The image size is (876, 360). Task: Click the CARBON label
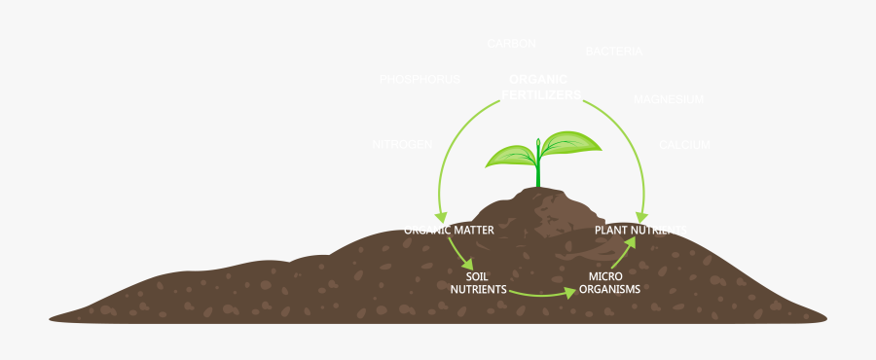[x=511, y=43]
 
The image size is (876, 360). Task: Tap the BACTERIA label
[x=613, y=51]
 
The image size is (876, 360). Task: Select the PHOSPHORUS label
[x=419, y=79]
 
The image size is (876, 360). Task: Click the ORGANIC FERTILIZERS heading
[x=540, y=87]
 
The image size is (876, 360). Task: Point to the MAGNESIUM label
[x=668, y=99]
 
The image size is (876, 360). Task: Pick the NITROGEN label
[x=402, y=144]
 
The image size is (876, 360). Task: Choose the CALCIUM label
[x=684, y=144]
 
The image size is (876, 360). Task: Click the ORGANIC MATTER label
[x=449, y=231]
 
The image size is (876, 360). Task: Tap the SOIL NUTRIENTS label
[x=478, y=282]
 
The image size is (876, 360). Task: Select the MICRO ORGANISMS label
[x=609, y=282]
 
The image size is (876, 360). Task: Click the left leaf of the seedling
[x=511, y=156]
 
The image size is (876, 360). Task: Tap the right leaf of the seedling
[x=571, y=143]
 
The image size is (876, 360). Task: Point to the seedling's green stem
[x=538, y=170]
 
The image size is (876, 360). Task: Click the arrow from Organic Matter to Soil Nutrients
[x=459, y=252]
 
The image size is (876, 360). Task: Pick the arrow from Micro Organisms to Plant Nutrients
[x=623, y=253]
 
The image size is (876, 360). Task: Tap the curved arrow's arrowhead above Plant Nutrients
[x=641, y=215]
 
